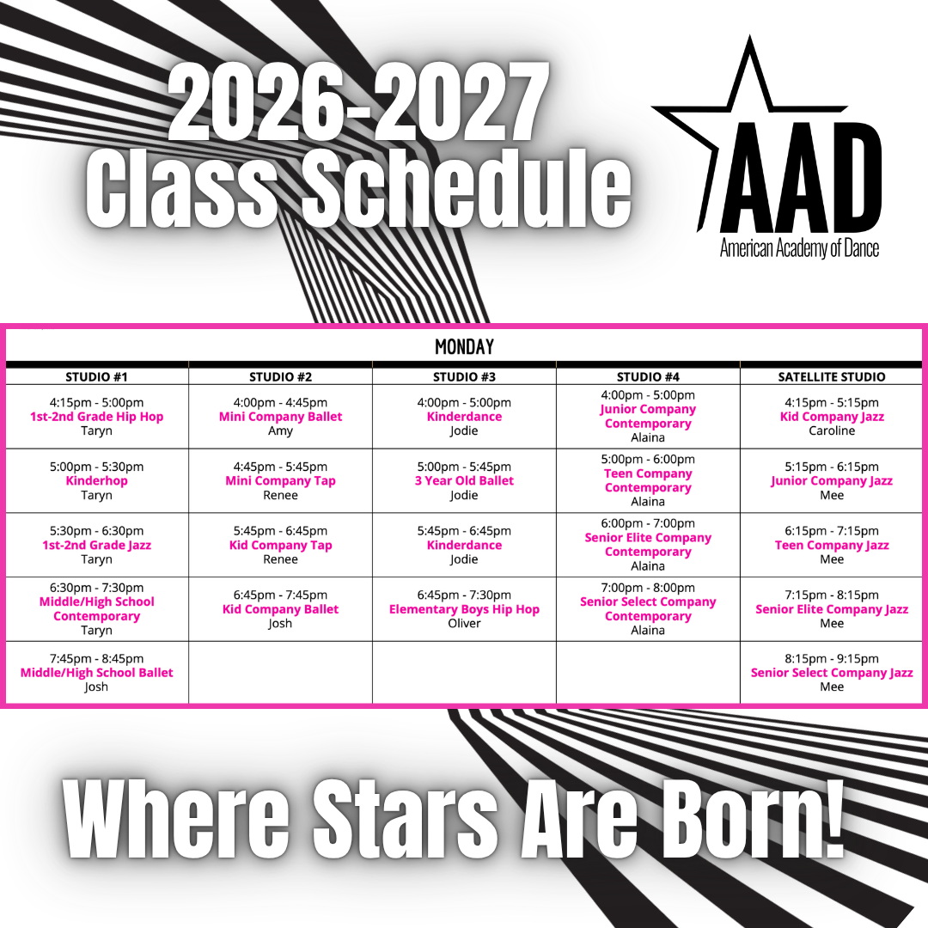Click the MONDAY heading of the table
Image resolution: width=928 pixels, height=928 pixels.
464,347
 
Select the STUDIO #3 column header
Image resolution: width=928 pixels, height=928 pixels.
464,377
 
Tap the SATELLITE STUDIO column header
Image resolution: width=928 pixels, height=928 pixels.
832,377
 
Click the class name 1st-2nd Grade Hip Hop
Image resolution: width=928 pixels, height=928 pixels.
96,417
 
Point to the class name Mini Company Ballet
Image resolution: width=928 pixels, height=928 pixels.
280,417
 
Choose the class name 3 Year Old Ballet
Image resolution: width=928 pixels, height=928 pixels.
464,480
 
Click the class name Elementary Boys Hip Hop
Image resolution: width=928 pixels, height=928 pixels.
464,609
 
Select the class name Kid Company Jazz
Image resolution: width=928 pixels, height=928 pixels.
832,417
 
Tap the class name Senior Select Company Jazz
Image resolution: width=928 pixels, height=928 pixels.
832,673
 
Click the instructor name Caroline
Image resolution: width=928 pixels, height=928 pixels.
832,430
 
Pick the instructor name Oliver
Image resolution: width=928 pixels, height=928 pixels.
464,623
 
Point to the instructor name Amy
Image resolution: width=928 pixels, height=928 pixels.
280,431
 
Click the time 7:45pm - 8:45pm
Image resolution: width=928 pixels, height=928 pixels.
96,659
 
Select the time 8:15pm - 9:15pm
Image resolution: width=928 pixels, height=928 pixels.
832,659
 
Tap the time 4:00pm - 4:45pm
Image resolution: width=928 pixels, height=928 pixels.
280,402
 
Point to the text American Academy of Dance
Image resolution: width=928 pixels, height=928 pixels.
799,248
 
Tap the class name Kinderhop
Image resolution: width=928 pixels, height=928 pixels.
96,480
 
